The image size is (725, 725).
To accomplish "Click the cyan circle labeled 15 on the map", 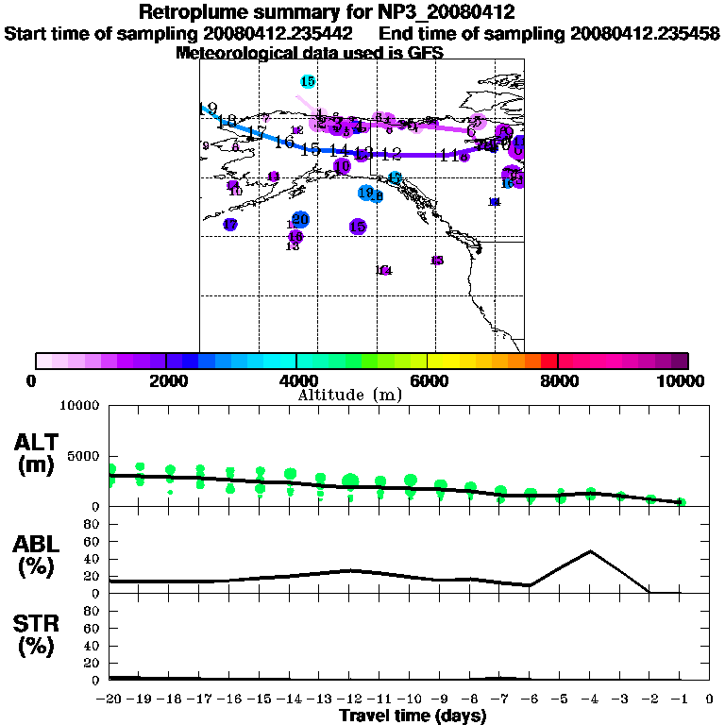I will [307, 82].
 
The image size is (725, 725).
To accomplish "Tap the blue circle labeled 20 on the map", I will [300, 220].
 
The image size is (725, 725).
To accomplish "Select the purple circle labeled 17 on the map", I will [230, 225].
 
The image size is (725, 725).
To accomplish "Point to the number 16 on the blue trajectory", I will [284, 143].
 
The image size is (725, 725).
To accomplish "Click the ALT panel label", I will [37, 453].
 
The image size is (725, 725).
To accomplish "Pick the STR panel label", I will [37, 634].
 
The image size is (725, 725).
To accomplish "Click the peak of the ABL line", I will [590, 550].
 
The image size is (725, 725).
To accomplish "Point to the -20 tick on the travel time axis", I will [110, 699].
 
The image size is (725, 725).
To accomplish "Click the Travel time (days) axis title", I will [413, 717].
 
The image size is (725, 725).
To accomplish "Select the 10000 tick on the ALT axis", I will [79, 406].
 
